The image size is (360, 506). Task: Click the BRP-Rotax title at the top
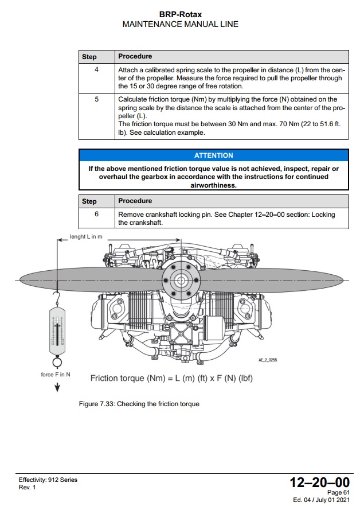pyautogui.click(x=180, y=13)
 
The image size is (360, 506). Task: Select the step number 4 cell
pyautogui.click(x=96, y=69)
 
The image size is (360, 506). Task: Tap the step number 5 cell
pyautogui.click(x=96, y=99)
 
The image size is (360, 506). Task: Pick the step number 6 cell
pyautogui.click(x=96, y=214)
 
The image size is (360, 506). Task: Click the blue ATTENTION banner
pyautogui.click(x=213, y=155)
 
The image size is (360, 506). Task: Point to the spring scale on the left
pyautogui.click(x=56, y=332)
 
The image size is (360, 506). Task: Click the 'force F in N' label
pyautogui.click(x=56, y=375)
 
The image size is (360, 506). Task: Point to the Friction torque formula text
pyautogui.click(x=171, y=379)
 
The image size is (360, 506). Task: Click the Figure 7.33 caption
pyautogui.click(x=139, y=404)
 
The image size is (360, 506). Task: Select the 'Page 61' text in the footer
pyautogui.click(x=338, y=492)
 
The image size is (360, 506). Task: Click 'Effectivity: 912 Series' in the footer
pyautogui.click(x=48, y=480)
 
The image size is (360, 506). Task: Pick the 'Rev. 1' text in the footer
pyautogui.click(x=27, y=487)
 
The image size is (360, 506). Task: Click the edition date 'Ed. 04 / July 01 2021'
pyautogui.click(x=321, y=500)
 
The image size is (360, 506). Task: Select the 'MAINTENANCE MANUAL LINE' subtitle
pyautogui.click(x=180, y=24)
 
